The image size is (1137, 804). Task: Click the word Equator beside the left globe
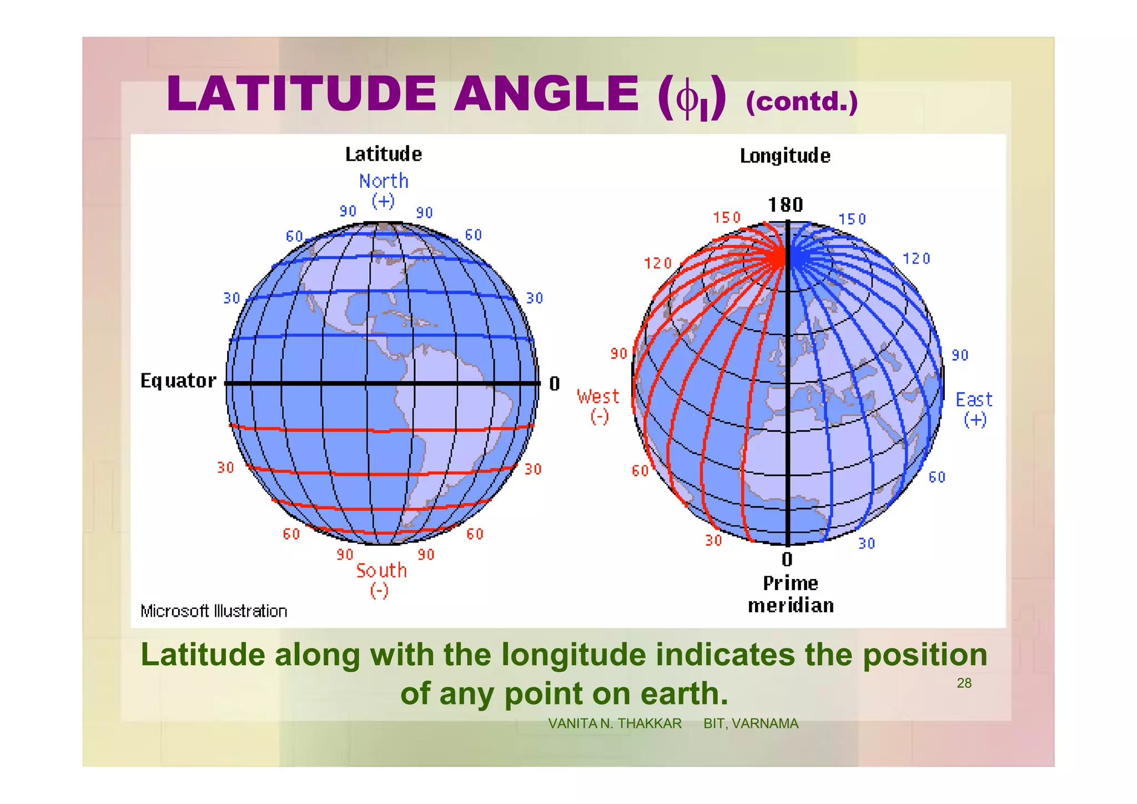[178, 381]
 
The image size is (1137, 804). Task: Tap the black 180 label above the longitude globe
[785, 205]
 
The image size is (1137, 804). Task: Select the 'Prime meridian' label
[791, 595]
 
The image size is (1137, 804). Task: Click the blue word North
[383, 181]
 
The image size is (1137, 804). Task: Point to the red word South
[381, 571]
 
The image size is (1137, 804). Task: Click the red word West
[598, 397]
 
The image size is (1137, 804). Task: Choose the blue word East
[974, 400]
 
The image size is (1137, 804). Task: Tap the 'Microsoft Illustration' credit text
[214, 611]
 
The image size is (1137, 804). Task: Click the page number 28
[964, 683]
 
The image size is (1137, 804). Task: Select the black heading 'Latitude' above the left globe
[383, 154]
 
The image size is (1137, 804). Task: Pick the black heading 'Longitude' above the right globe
[785, 156]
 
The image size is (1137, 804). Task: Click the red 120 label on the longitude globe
[658, 263]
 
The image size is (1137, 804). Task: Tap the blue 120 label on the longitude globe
[916, 259]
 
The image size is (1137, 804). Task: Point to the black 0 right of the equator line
[554, 384]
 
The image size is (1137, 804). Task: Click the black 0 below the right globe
[787, 559]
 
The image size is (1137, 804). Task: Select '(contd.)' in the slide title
[801, 102]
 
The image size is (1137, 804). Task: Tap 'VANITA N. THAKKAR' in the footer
[615, 723]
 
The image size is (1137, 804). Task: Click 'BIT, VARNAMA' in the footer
[751, 723]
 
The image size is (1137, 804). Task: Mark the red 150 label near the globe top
[727, 217]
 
